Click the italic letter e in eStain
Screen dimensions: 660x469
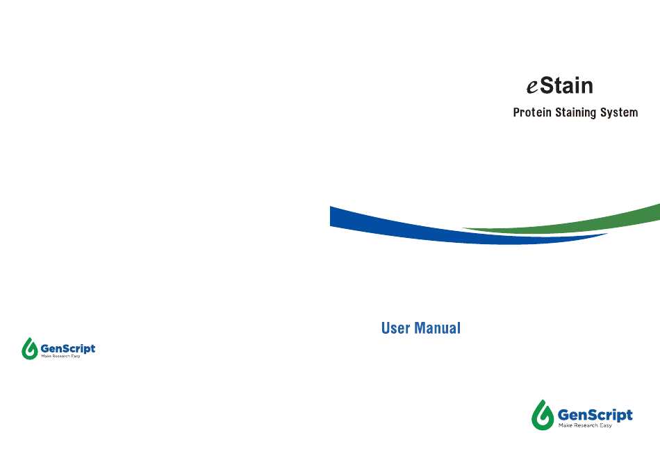pyautogui.click(x=532, y=87)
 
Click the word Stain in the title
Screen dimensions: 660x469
pyautogui.click(x=566, y=86)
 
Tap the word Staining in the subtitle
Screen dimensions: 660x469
pyautogui.click(x=576, y=112)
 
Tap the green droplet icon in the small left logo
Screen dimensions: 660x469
pyautogui.click(x=29, y=350)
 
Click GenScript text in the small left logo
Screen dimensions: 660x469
pyautogui.click(x=68, y=348)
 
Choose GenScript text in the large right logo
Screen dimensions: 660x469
pyautogui.click(x=595, y=415)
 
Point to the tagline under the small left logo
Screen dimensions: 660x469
pyautogui.click(x=60, y=357)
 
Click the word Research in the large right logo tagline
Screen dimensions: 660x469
pyautogui.click(x=586, y=426)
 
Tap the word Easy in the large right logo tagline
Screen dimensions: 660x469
pyautogui.click(x=606, y=426)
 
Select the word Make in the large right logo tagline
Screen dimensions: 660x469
pyautogui.click(x=566, y=426)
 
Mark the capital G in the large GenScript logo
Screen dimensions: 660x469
pyautogui.click(x=563, y=415)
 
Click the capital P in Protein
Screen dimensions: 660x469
pyautogui.click(x=516, y=112)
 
